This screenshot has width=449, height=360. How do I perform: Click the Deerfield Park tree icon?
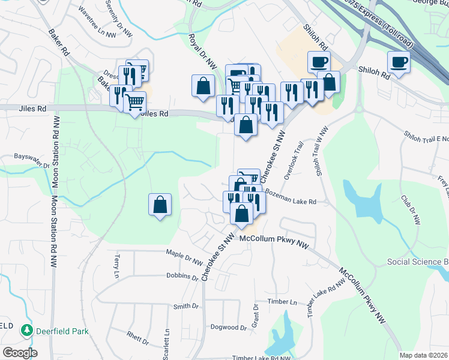(x=26, y=331)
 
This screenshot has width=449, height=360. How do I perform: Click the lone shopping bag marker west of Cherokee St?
(x=160, y=205)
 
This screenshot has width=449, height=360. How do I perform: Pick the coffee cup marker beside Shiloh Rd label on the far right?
(x=399, y=61)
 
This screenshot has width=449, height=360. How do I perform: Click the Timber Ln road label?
(x=283, y=302)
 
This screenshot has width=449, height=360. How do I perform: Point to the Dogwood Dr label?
(x=229, y=328)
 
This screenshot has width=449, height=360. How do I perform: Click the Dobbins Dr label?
(x=182, y=277)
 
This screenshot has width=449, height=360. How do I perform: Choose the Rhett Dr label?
(x=137, y=338)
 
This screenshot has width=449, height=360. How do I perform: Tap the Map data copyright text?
(x=424, y=355)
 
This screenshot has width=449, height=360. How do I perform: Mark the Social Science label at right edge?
(x=418, y=262)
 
